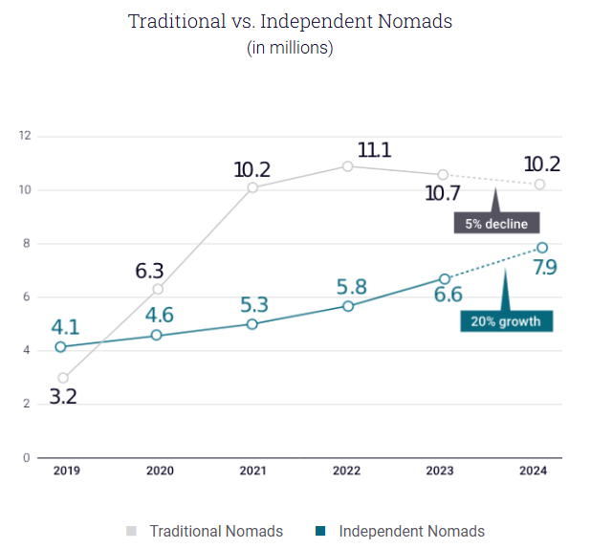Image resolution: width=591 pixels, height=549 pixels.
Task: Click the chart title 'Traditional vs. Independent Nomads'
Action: coord(290,22)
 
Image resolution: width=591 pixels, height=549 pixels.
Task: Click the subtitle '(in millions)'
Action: coord(290,48)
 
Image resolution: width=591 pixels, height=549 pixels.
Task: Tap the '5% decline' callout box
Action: coord(496,224)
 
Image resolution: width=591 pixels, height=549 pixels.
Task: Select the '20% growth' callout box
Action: coord(508,321)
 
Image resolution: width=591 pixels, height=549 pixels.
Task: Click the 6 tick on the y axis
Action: coord(27,297)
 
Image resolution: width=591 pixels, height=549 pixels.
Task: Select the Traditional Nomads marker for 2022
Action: coord(348,166)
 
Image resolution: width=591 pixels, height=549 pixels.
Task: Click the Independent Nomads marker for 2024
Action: coord(541,249)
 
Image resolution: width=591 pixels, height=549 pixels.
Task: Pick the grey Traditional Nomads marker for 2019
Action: coord(63,378)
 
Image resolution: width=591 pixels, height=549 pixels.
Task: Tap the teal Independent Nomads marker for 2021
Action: coord(252,324)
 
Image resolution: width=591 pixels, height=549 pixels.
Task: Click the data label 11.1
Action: coord(375,149)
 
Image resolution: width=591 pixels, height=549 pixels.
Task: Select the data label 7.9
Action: coord(545,268)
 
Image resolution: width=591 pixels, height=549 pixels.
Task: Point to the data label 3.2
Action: coord(63,395)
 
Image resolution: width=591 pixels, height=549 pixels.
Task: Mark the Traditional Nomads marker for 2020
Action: coord(158,289)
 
